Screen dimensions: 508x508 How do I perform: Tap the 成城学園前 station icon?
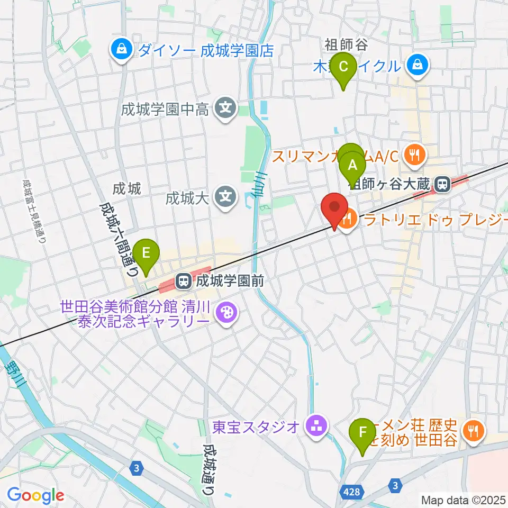click(183, 280)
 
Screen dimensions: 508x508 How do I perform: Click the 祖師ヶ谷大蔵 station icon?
click(440, 185)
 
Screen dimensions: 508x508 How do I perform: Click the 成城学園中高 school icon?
click(226, 110)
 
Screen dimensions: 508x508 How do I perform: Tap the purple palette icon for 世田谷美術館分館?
click(226, 313)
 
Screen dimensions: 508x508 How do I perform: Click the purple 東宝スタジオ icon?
click(316, 426)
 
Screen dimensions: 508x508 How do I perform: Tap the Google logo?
click(35, 496)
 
